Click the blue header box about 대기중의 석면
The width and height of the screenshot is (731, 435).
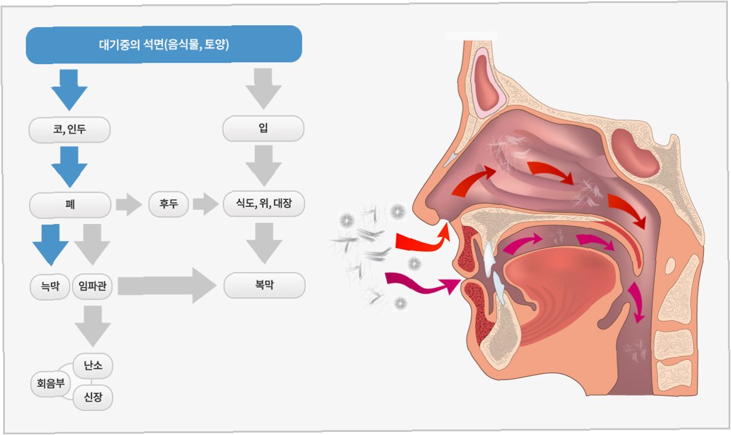(164, 44)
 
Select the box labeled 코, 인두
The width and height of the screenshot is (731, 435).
(70, 130)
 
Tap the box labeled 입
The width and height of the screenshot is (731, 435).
(263, 129)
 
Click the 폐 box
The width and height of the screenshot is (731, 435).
(70, 204)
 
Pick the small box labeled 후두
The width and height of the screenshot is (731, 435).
(169, 204)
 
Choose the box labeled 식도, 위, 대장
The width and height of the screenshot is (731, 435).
(263, 204)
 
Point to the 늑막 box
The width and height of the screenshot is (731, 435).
(50, 287)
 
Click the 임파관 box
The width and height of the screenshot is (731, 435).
(92, 287)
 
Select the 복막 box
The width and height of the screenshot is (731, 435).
(264, 286)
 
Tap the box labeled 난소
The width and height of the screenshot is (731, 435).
(93, 367)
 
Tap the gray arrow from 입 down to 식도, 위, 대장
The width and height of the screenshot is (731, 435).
(264, 165)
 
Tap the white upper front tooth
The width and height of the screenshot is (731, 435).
(489, 258)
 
